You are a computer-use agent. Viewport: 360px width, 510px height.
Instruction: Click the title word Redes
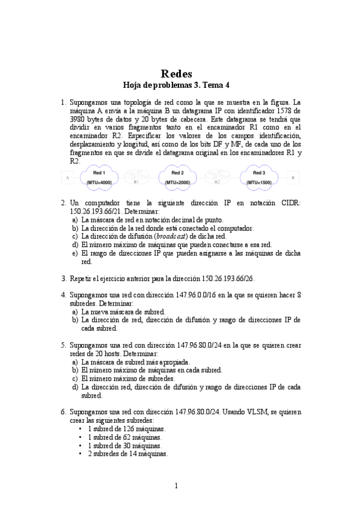[x=180, y=74]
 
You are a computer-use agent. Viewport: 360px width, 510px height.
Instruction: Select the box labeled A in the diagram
[x=67, y=178]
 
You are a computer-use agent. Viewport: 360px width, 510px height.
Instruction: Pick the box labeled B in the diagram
[x=292, y=178]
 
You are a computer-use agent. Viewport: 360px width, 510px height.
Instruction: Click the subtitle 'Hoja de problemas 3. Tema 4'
[x=180, y=86]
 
